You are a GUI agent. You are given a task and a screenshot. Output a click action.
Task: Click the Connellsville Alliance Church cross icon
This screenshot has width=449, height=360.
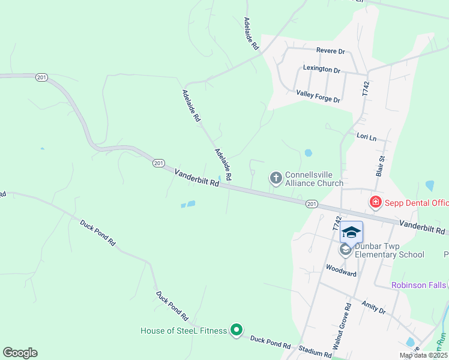tap(276, 178)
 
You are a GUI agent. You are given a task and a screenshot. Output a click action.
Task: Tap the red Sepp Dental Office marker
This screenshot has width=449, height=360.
tap(376, 202)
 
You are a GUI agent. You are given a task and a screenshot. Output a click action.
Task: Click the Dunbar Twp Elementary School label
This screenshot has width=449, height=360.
tap(389, 250)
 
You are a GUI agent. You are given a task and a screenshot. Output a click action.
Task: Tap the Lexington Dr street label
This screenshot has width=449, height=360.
tap(322, 69)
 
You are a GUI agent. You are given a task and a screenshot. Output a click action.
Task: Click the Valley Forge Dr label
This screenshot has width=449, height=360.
tap(318, 96)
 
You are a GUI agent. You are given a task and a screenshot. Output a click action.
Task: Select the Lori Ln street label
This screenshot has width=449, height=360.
tap(366, 137)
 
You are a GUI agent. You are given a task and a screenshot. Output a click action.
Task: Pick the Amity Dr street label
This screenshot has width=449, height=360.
tap(373, 308)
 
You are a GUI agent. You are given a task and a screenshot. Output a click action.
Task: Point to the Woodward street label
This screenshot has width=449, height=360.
tap(341, 273)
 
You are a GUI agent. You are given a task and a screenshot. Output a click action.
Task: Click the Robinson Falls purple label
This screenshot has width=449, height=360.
tap(419, 285)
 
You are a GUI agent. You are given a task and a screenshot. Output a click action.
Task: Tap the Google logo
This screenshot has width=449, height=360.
tap(20, 353)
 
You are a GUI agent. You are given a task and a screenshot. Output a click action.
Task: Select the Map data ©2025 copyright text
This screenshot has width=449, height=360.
tap(423, 355)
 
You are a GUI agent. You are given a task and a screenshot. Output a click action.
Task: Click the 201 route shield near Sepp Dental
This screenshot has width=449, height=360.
tap(311, 204)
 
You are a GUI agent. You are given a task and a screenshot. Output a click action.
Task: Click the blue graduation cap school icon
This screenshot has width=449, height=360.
tap(351, 232)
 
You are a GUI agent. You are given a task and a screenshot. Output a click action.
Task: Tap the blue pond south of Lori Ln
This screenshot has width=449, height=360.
tap(308, 153)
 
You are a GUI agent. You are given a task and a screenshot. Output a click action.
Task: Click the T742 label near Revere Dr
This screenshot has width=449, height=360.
tap(366, 89)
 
